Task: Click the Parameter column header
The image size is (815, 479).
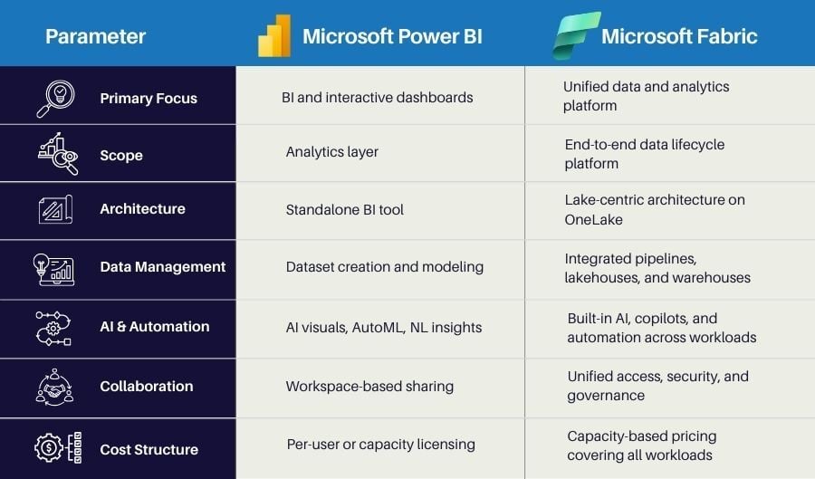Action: coord(95,37)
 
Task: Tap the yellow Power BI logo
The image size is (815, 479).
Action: coord(274,36)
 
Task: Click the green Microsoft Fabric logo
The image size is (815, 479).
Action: coord(577,35)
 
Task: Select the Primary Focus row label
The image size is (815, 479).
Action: coord(149,98)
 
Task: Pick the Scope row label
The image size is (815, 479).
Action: coord(121,155)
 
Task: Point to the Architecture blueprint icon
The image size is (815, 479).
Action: coord(55,209)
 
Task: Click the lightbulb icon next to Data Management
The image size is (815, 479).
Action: coord(56,267)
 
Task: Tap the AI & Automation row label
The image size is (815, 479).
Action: coord(154,326)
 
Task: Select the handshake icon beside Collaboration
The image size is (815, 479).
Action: coord(56,386)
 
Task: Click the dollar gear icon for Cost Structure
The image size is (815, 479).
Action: coord(57,447)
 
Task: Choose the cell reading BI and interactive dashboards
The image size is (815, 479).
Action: coord(377,97)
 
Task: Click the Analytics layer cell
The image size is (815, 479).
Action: coord(332,152)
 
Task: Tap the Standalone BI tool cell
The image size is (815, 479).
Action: coord(344,209)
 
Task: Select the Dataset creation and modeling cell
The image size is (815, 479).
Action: coord(384,266)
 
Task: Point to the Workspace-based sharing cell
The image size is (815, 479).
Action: coord(369,386)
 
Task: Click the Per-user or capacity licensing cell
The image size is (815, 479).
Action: coord(380,444)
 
